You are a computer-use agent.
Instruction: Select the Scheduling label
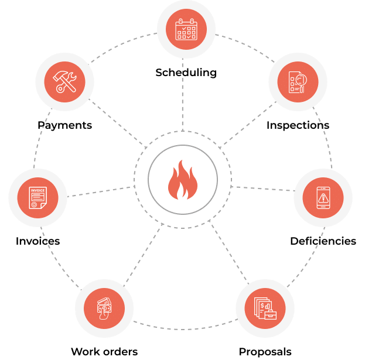186,73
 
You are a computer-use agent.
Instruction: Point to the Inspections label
298,125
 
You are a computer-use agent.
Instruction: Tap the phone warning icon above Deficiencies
323,198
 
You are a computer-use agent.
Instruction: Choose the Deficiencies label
323,241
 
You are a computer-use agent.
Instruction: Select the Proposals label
265,352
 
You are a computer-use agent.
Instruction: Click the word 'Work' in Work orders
84,352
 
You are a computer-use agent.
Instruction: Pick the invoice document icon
38,198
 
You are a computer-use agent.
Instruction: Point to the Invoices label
37,241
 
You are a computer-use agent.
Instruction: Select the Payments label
64,125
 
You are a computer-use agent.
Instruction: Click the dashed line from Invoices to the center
100,191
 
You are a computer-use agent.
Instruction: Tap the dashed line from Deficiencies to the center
264,189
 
